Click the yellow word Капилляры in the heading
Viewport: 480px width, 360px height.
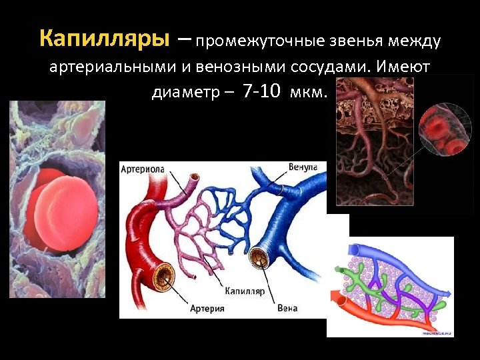point(104,39)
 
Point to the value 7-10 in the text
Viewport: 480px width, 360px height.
point(262,91)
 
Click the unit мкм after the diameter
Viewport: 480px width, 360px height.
point(309,92)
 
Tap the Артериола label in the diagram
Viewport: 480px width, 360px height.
point(143,170)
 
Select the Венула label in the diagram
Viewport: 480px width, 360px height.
point(303,166)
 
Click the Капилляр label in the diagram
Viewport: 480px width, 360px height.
point(245,291)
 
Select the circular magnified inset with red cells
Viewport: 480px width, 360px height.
point(445,129)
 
